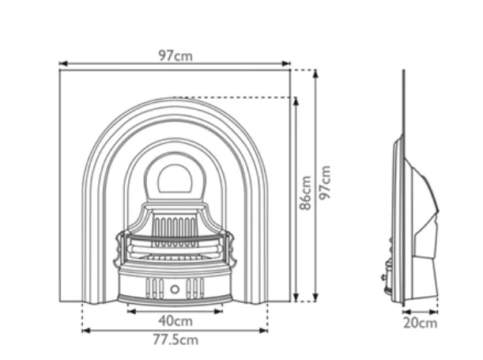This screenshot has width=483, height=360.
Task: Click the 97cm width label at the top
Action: [175, 55]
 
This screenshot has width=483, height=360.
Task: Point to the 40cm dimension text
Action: [175, 321]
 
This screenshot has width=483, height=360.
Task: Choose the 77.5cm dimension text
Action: [175, 340]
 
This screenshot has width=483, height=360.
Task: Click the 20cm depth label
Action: [420, 323]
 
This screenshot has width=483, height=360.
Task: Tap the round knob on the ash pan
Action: [175, 289]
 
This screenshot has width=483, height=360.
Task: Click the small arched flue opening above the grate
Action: [175, 178]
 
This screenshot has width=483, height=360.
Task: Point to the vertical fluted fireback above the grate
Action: [175, 228]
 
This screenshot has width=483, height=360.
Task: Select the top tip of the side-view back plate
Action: [404, 72]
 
